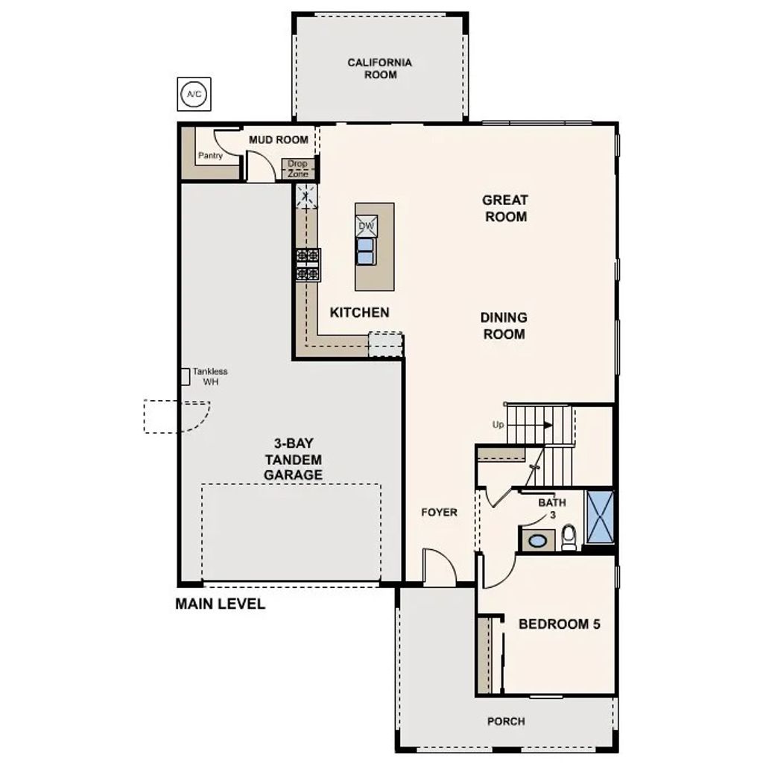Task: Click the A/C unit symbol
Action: click(x=194, y=95)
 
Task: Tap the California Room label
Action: click(x=380, y=69)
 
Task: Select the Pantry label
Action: click(x=210, y=156)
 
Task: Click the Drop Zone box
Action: click(x=297, y=168)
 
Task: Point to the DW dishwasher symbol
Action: click(x=367, y=226)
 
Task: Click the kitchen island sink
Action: click(x=366, y=251)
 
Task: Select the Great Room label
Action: click(x=504, y=208)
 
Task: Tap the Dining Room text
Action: click(x=504, y=326)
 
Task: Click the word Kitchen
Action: click(x=359, y=312)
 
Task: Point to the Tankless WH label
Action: click(x=209, y=376)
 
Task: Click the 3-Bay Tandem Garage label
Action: click(x=292, y=459)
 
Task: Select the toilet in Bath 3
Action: click(x=569, y=536)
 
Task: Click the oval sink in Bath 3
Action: click(x=535, y=539)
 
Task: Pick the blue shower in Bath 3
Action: click(x=599, y=516)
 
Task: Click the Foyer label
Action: click(x=439, y=513)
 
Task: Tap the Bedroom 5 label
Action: click(x=559, y=624)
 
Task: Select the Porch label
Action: click(x=506, y=721)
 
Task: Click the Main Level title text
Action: click(x=220, y=604)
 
